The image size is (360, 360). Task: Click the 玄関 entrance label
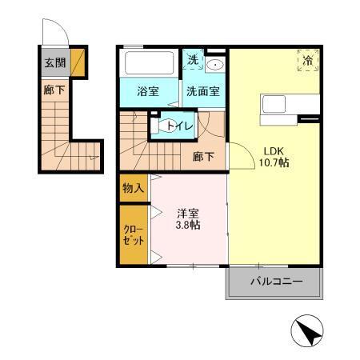coord(54,62)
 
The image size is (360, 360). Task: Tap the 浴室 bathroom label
coord(146,91)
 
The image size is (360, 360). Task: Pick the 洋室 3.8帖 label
coord(188,218)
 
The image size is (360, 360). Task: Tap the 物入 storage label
coord(133,189)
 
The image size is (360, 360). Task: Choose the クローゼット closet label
coord(133,234)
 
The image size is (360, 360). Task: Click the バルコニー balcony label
coord(275,282)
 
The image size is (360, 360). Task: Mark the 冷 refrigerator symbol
coord(308,60)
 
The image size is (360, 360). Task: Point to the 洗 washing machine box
coord(193,60)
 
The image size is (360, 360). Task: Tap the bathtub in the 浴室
coord(150,62)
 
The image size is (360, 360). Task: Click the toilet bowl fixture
coord(169,126)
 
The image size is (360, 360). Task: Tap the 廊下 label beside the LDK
coord(203,157)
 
